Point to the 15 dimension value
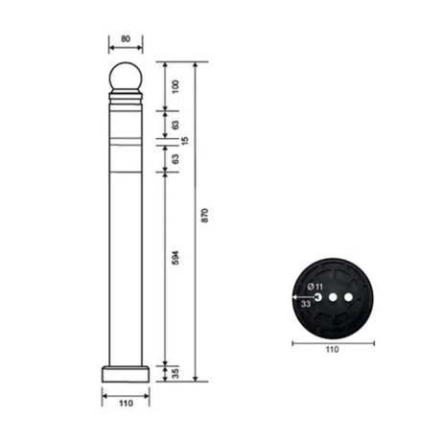coord(186,140)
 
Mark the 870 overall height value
coord(205,216)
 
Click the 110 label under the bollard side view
coord(126,404)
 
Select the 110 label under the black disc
coord(332,351)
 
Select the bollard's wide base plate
coord(126,373)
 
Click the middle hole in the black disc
coord(332,297)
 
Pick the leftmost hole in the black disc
coord(317,297)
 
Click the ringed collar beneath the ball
coord(126,100)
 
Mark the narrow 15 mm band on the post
coord(126,140)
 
